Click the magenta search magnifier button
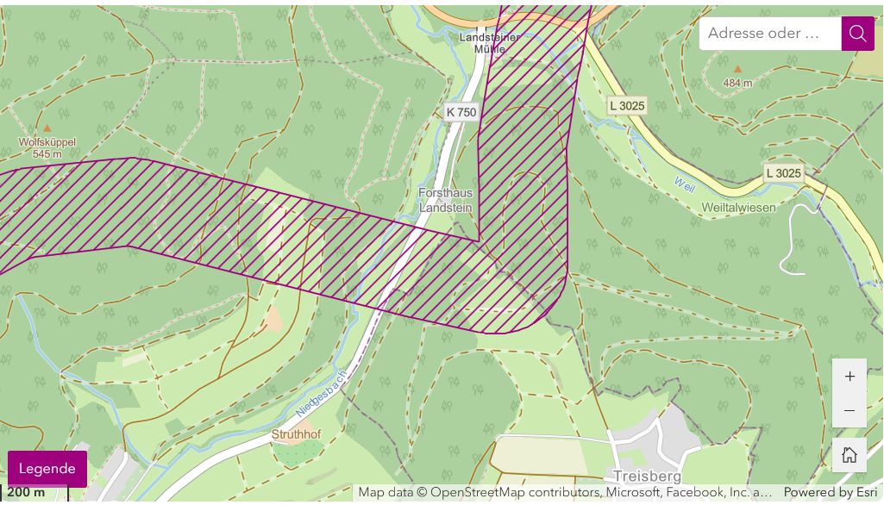point(857,34)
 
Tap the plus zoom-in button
point(850,377)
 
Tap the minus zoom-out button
point(850,411)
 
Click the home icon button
point(850,454)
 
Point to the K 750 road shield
point(461,112)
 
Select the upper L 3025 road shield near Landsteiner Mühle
point(627,106)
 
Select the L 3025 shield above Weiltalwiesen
point(783,173)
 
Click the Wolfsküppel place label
point(47,142)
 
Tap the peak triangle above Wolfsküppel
point(47,128)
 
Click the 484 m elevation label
point(737,83)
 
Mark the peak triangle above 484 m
point(737,69)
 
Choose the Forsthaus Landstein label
point(445,200)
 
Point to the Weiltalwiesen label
point(738,208)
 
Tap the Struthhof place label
point(296,435)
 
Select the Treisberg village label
point(647,477)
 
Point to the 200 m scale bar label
point(26,492)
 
